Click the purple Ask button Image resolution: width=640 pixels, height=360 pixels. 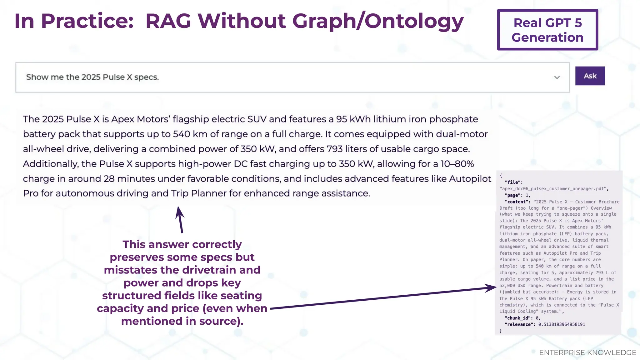590,76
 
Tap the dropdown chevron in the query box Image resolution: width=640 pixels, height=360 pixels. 557,77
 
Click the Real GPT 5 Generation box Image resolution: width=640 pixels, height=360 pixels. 547,30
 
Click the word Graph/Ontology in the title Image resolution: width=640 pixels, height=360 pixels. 378,21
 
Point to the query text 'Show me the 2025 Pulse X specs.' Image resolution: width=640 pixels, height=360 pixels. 92,77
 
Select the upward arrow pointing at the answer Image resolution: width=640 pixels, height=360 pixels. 180,219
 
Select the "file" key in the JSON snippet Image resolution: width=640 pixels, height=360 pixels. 513,182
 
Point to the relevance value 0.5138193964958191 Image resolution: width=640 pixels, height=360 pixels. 562,324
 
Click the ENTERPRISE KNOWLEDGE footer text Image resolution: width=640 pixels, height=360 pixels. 587,352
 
